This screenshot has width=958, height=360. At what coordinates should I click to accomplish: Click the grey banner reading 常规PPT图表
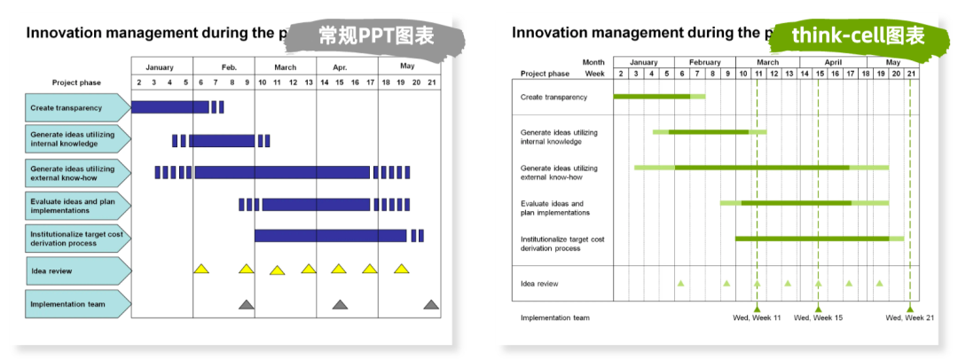coord(376,35)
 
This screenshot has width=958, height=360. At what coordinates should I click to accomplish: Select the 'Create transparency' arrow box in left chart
coord(78,107)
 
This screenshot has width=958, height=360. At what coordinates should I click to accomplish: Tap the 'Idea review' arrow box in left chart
coord(78,270)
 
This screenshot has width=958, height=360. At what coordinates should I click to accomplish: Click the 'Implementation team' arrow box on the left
coord(78,304)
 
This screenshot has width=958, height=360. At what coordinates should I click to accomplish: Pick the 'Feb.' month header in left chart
coord(229,67)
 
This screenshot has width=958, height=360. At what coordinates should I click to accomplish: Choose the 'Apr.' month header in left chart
coord(340,67)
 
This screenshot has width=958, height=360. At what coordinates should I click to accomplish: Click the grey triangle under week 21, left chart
coord(431,304)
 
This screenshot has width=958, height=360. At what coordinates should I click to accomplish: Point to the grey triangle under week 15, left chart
coord(340,304)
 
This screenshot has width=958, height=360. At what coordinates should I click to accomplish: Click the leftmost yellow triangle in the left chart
coord(201,269)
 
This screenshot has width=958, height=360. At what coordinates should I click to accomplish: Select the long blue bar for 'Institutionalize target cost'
coord(331,235)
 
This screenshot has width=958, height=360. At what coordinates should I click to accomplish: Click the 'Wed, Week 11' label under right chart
coord(757,317)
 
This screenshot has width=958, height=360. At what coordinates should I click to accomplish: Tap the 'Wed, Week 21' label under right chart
coord(910,317)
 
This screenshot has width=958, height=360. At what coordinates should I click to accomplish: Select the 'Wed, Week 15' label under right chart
coord(818,317)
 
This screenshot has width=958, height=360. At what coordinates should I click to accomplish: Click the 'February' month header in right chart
coord(705,62)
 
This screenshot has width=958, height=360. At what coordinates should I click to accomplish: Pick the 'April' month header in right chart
coord(833,62)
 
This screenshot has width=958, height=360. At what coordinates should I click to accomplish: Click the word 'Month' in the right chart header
coord(593,62)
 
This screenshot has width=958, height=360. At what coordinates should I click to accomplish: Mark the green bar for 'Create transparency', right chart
coord(659,96)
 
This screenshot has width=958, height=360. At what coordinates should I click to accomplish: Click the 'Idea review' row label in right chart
coord(539,284)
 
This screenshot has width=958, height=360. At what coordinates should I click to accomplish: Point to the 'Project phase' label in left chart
coord(76,82)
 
